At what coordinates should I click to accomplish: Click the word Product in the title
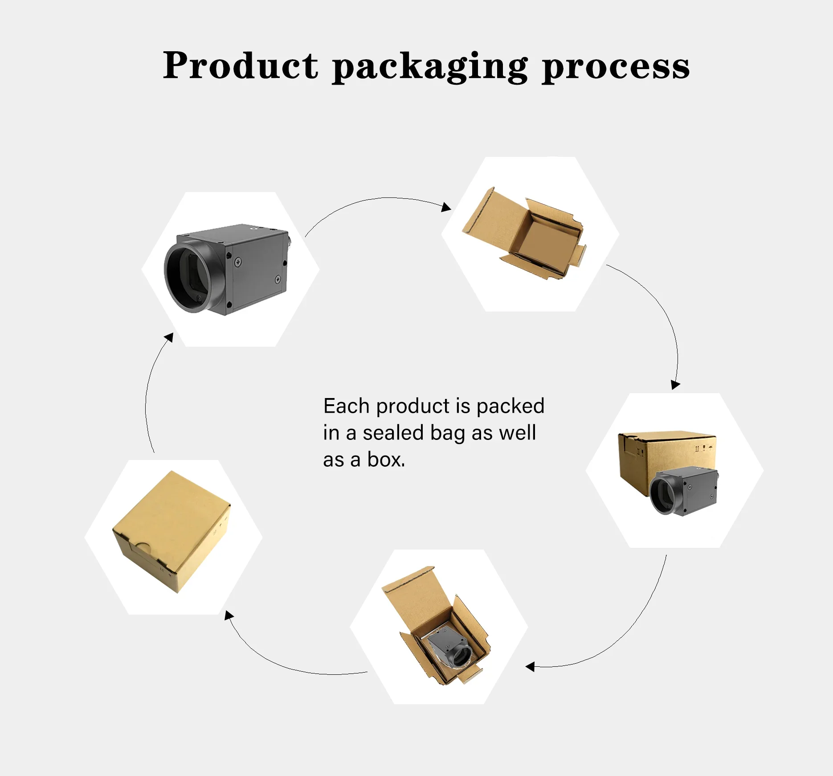(x=241, y=66)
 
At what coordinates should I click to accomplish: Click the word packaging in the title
(x=430, y=67)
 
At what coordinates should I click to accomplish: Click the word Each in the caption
(x=346, y=406)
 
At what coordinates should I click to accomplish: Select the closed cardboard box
(x=171, y=530)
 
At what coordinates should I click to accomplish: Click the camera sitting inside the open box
(x=450, y=649)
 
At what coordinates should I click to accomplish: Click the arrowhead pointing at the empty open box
(x=446, y=207)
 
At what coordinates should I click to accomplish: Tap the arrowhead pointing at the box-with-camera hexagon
(x=675, y=384)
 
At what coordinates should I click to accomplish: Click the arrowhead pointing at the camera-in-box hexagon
(x=530, y=667)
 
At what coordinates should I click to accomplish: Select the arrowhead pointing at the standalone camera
(x=168, y=338)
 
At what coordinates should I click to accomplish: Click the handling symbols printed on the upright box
(x=703, y=448)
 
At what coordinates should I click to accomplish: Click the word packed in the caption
(x=510, y=406)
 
